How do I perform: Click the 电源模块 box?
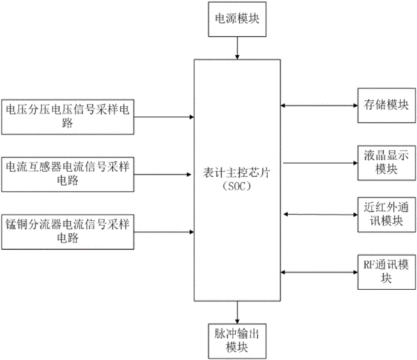pos(237,19)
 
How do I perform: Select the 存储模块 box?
pos(387,106)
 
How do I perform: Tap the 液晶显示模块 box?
pos(387,163)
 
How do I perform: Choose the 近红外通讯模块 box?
pos(387,215)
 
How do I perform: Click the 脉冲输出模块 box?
pos(237,341)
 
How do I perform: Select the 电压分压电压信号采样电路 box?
pos(68,117)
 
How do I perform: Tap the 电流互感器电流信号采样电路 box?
pos(68,174)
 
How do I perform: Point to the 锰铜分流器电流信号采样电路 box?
pos(68,232)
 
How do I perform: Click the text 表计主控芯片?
pos(237,173)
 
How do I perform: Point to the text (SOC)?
pos(237,186)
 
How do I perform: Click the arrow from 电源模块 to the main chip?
pos(237,48)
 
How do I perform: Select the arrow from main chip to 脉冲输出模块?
pos(237,312)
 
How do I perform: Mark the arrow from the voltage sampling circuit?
pos(164,117)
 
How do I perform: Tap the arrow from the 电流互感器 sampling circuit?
pos(163,174)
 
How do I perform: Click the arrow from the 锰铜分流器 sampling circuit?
pos(164,232)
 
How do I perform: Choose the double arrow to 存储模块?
pos(319,106)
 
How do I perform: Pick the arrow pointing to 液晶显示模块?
pos(320,163)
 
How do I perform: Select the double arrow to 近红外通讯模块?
pos(320,215)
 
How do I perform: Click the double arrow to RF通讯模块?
pos(319,272)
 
